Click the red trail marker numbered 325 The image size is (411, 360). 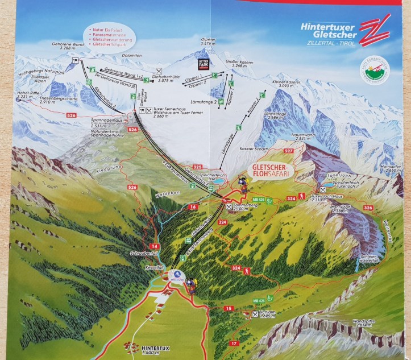click(197, 167)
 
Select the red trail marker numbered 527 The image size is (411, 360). click(288, 151)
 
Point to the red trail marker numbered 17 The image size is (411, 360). click(233, 343)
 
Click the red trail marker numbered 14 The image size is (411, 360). click(152, 229)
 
